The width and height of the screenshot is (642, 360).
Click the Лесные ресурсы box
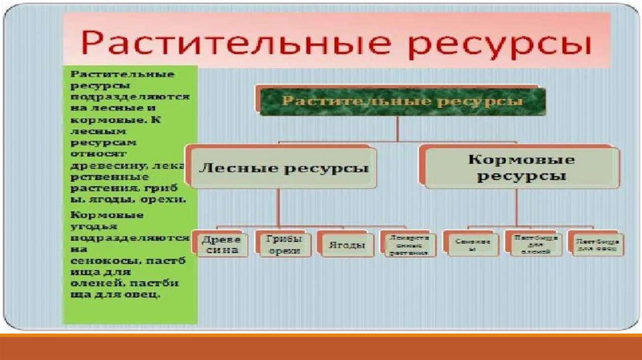282,168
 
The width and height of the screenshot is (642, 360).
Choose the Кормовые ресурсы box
520,167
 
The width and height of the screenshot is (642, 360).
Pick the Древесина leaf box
218,244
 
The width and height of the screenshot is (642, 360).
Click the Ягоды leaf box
345,245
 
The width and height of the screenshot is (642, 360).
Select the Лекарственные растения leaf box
408,245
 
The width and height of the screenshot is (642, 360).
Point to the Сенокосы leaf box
471,244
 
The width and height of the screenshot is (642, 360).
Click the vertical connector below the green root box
397,129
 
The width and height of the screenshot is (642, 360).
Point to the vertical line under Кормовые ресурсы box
517,207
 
